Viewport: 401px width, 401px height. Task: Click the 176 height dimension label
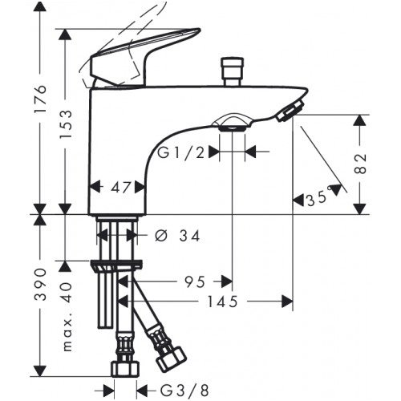[x=41, y=99]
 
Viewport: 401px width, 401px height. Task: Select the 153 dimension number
[x=66, y=124]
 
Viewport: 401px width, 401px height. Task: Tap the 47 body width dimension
[x=121, y=188]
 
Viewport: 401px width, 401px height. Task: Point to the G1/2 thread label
[x=180, y=153]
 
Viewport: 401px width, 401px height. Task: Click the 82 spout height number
[x=361, y=164]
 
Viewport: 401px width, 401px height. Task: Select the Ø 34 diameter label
[x=177, y=236]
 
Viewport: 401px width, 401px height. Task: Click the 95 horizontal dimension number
[x=195, y=282]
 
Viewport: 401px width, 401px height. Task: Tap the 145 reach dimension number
[x=223, y=302]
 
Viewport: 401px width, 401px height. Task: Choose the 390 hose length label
[x=41, y=285]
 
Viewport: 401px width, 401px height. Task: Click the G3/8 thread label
[x=184, y=391]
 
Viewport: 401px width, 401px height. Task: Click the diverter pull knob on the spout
[x=233, y=71]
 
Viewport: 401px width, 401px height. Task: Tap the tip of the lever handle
[x=199, y=30]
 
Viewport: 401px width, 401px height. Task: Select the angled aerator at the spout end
[x=290, y=109]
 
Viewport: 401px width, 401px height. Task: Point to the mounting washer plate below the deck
[x=116, y=265]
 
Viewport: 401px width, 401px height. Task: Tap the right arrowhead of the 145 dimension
[x=288, y=302]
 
